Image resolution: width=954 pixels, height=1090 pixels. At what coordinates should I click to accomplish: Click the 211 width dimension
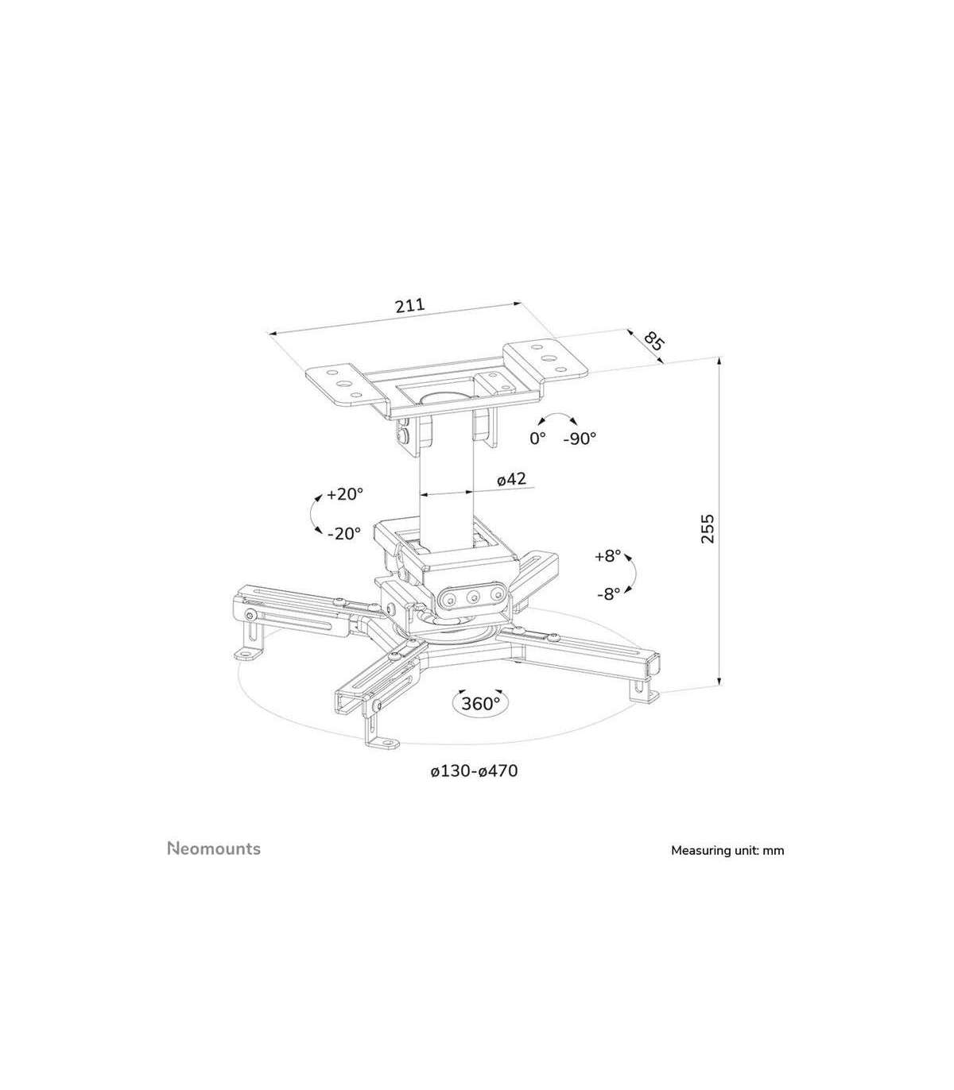(409, 306)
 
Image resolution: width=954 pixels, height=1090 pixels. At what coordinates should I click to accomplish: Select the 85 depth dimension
(654, 341)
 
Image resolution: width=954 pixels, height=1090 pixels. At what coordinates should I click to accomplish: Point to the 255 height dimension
(707, 528)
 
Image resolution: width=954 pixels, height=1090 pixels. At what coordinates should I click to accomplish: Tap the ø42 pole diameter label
(511, 479)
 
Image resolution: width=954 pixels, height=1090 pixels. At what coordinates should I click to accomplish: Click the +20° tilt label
(345, 494)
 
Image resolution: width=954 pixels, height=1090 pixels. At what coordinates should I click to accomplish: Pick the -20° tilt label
(344, 533)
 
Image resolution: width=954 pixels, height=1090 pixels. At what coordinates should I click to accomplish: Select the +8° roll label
(608, 556)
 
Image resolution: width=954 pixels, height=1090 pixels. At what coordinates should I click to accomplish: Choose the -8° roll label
(609, 594)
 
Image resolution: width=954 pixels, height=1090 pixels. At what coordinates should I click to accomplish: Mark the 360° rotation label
(480, 703)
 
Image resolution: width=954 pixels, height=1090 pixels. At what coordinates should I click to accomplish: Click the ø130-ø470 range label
(475, 771)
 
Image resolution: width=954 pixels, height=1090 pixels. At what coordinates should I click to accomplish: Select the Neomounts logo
(214, 848)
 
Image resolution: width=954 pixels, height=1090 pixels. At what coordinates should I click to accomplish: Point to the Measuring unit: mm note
(727, 850)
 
